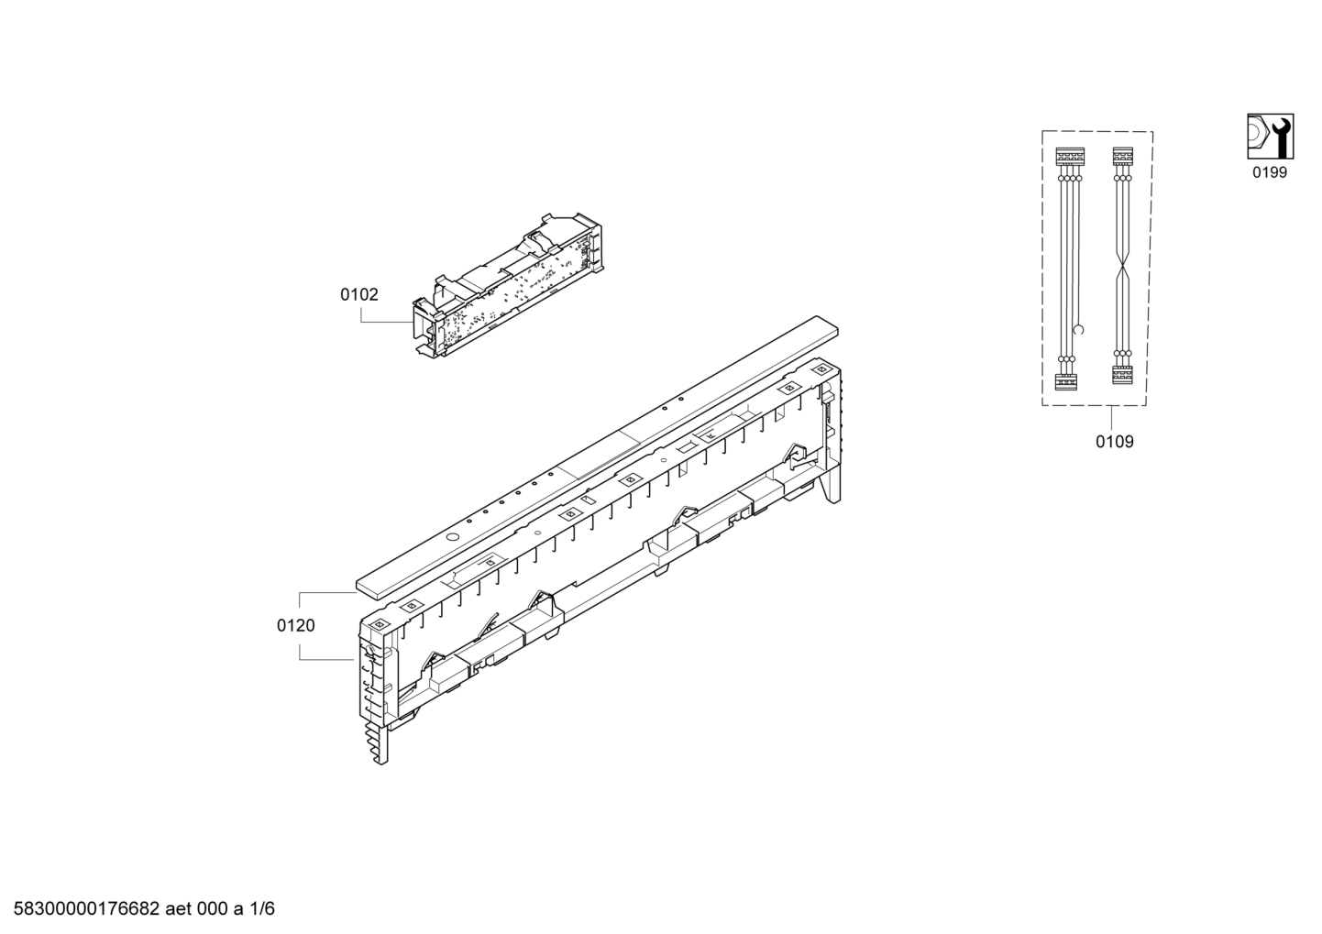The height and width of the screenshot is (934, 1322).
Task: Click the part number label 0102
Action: click(358, 294)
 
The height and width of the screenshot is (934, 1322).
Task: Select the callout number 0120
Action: click(296, 625)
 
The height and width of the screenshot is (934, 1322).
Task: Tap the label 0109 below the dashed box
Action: click(1114, 441)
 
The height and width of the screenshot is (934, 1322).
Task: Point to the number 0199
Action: click(1270, 173)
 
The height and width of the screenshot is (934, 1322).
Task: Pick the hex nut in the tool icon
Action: click(1257, 145)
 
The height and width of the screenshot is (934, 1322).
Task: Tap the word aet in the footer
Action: click(179, 908)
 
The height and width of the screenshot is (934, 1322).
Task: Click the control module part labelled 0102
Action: click(508, 289)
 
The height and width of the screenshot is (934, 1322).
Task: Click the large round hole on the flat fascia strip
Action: click(453, 537)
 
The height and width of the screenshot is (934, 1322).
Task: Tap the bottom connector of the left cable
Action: click(1066, 381)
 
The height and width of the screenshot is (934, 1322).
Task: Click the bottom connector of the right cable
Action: click(1122, 375)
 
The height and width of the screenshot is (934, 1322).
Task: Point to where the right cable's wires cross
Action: click(1122, 272)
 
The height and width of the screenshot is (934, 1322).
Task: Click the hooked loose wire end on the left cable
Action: click(1080, 329)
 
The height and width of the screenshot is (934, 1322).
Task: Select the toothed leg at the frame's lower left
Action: click(380, 743)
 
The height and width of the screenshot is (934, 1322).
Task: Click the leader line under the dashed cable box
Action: click(1111, 418)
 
